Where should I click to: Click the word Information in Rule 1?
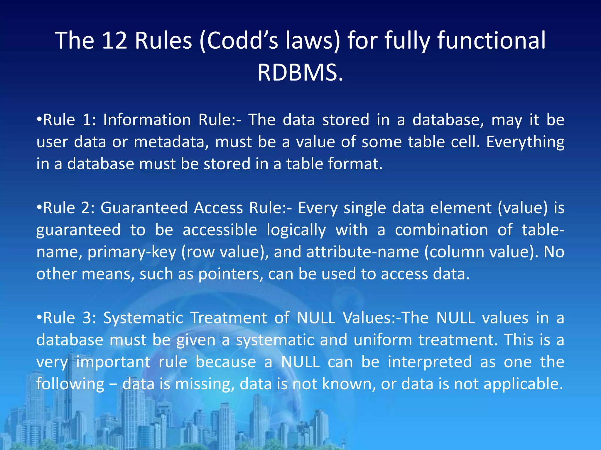coord(147,120)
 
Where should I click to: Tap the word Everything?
coord(525,142)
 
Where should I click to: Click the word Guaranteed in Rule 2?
coord(144,208)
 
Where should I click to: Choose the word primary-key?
coord(132,252)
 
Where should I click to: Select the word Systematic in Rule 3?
coord(143,318)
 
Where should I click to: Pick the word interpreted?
coord(430,362)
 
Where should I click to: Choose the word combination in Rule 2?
coord(441,230)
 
